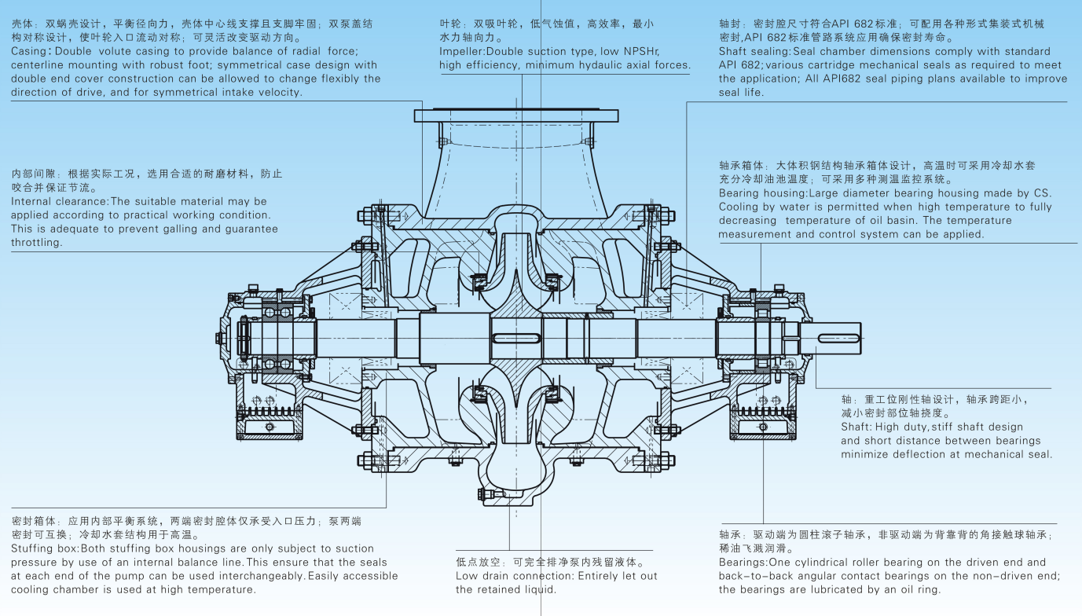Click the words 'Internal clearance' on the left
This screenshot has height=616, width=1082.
coord(59,201)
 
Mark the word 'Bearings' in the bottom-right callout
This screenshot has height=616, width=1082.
coord(743,563)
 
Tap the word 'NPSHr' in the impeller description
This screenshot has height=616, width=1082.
coord(643,51)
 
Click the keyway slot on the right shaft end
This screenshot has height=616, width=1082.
coord(838,338)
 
